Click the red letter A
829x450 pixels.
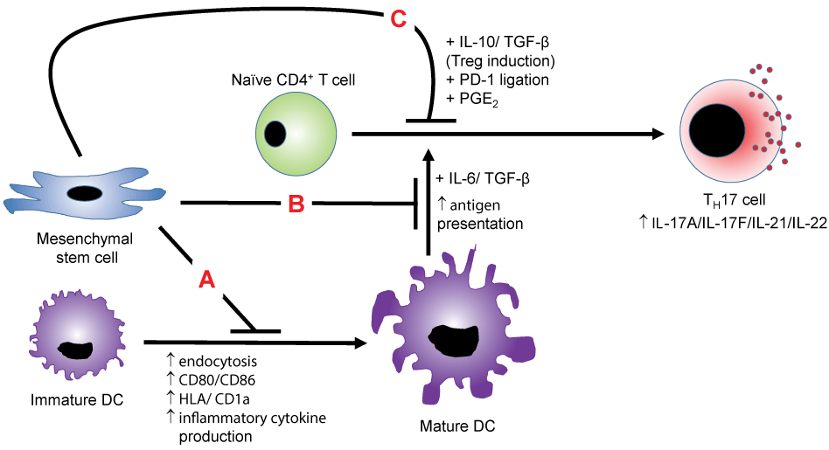pyautogui.click(x=207, y=279)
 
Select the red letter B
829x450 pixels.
pyautogui.click(x=296, y=206)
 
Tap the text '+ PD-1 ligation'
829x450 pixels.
pyautogui.click(x=497, y=80)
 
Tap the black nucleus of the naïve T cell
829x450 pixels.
pyautogui.click(x=275, y=134)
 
